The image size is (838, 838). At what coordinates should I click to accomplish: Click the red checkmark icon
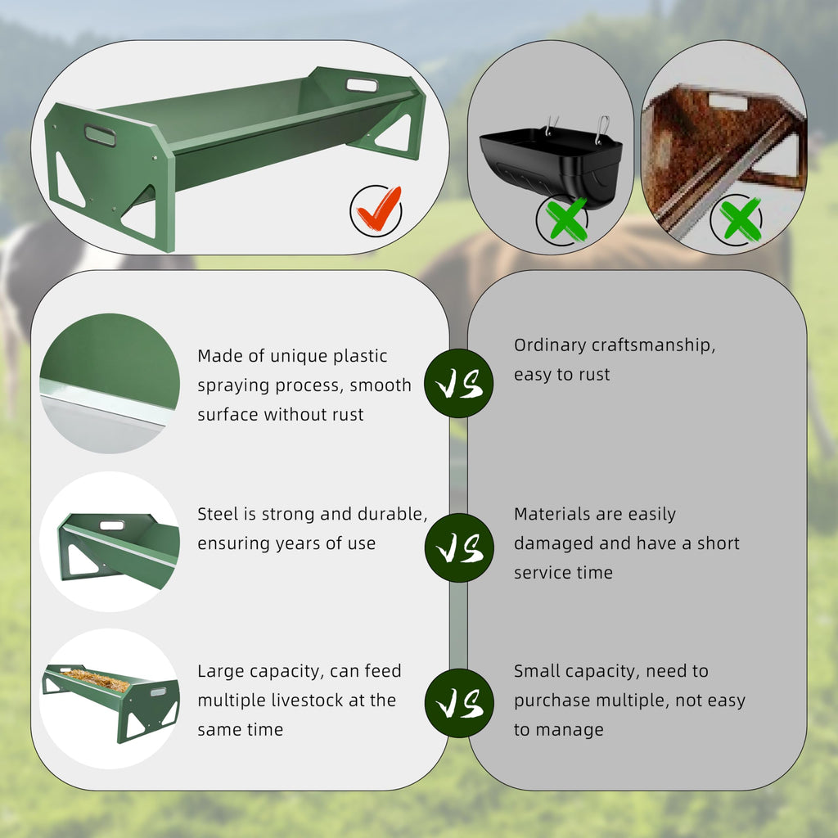[379, 209]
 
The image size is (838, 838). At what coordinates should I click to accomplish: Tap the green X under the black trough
[566, 219]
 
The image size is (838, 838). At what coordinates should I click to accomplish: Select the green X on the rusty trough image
[740, 219]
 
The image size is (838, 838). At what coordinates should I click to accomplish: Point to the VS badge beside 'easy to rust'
[458, 383]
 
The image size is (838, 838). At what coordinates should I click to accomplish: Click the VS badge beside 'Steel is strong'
[459, 547]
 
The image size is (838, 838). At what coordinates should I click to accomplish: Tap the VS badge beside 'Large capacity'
[459, 703]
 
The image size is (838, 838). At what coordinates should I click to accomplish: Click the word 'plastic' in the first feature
[360, 357]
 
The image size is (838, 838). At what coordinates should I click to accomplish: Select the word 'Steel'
[218, 514]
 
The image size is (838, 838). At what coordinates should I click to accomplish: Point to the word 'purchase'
[552, 701]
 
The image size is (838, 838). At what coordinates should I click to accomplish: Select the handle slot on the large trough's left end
[100, 135]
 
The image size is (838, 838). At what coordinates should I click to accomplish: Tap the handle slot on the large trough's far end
[362, 85]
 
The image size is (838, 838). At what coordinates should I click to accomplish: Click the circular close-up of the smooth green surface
[110, 383]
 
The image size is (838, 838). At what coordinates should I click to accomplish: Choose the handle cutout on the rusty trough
[728, 101]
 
